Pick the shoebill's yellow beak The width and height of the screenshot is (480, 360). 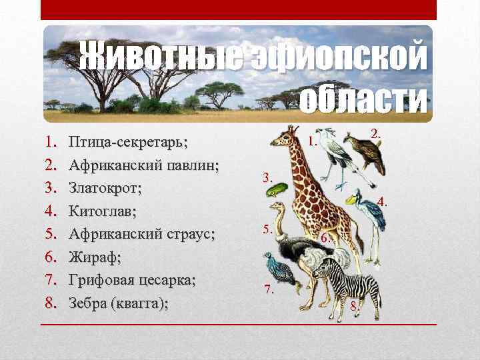pos(351,200)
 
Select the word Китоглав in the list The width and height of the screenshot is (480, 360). pos(102,211)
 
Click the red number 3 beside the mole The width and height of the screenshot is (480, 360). pos(267,177)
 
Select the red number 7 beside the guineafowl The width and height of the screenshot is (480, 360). pos(269,289)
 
